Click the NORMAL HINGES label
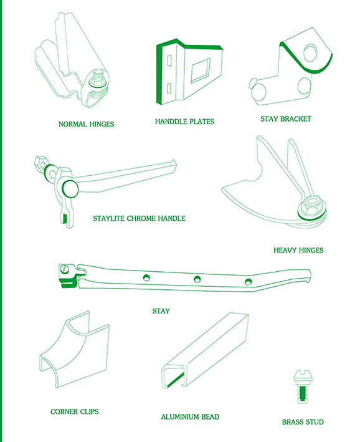coord(86,124)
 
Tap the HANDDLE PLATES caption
coord(184,122)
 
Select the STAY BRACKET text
coord(286,119)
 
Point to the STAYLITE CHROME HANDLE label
coord(139,218)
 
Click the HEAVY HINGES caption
coord(298,251)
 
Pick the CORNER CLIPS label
coord(75,411)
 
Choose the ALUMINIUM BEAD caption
coord(190,417)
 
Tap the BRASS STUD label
coord(303,422)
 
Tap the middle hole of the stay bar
coord(197,279)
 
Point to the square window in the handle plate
coord(201,70)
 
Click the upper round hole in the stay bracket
coord(310,52)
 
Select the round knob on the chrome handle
coord(70,189)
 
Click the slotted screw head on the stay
coord(65,269)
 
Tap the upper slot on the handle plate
coord(169,60)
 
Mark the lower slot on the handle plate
coord(169,89)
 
